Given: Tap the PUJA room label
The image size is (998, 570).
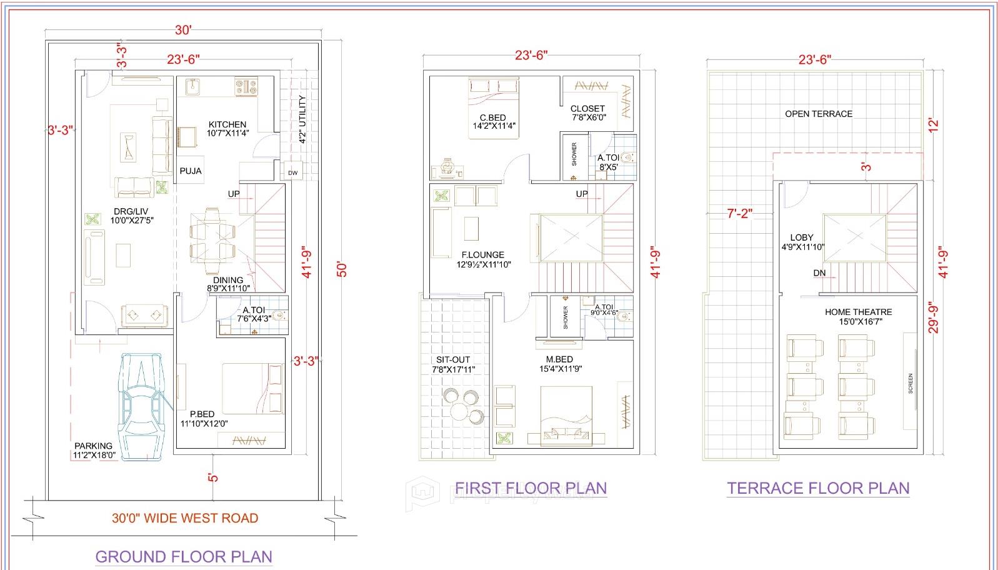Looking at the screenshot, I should click(191, 171).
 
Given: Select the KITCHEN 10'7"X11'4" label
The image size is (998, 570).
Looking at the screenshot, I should click(227, 129).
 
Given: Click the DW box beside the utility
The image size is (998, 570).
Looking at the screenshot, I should click(292, 172).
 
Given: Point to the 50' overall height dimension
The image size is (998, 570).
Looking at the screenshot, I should click(341, 269).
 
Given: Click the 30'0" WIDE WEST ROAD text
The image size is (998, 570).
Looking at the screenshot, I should click(185, 518).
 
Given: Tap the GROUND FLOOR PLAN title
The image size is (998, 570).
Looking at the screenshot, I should click(184, 556).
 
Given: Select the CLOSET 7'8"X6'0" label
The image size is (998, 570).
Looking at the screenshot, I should click(588, 112).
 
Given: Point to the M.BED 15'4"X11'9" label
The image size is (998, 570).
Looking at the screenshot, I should click(559, 364).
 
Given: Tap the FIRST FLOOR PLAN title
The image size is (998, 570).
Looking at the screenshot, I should click(531, 487).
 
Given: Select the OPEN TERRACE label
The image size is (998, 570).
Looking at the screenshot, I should click(819, 114).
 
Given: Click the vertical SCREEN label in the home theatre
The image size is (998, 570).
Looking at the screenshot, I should click(911, 383).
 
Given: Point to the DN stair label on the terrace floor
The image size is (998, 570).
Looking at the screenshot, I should click(819, 273).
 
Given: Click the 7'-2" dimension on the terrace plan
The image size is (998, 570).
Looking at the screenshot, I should click(739, 214).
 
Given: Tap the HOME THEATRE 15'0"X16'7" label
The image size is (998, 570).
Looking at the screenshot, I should click(858, 316).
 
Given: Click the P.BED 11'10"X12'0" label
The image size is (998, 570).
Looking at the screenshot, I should click(204, 419).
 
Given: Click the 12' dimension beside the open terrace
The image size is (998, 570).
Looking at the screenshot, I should click(934, 124).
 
